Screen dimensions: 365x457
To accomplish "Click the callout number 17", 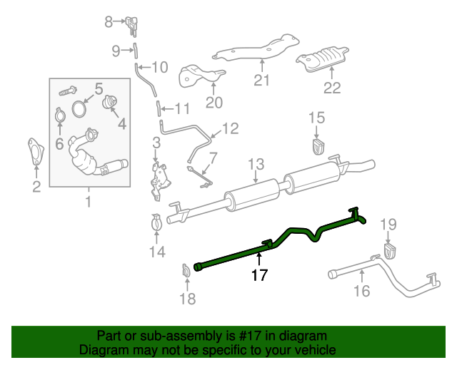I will tap(259, 275).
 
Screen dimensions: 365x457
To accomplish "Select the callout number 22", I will tap(332, 88).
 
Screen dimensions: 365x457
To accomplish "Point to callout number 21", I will tap(262, 80).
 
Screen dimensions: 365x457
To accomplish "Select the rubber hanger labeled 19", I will tap(390, 251).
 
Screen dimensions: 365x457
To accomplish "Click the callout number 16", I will tap(362, 290).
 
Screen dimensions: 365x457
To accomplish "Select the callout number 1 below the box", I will tap(89, 202).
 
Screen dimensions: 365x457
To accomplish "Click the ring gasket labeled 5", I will tap(79, 111).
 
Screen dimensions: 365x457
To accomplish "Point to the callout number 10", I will tap(159, 68).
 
